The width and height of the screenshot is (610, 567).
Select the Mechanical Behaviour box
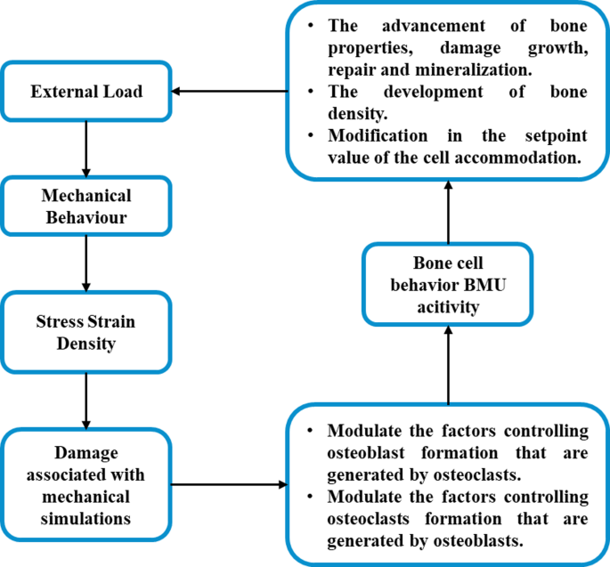pos(85,207)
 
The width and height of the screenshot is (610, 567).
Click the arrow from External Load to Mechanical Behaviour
pos(85,149)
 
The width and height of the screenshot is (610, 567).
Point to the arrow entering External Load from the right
pos(232,91)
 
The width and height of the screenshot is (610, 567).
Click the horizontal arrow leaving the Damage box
pos(229,486)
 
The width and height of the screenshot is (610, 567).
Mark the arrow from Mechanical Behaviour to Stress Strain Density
pos(85,264)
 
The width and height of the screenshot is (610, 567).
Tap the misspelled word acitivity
pos(448,306)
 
